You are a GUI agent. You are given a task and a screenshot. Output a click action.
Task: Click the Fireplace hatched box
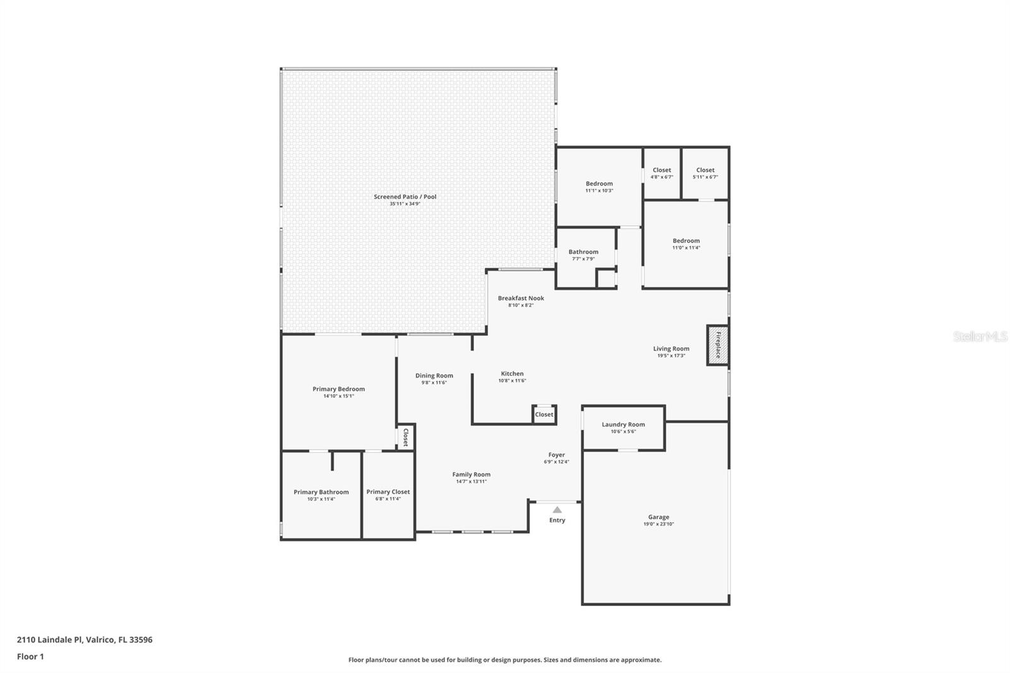[717, 345]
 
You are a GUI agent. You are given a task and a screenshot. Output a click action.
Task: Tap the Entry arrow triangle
[557, 509]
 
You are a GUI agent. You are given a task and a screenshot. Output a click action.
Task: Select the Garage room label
[659, 517]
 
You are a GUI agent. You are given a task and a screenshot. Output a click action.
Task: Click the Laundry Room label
[623, 424]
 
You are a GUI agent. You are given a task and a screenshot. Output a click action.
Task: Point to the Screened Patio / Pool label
[405, 197]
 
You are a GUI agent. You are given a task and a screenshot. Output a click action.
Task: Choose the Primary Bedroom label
[338, 389]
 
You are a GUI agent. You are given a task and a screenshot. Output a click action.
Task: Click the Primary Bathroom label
[321, 492]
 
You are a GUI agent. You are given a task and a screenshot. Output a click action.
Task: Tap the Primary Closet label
[388, 492]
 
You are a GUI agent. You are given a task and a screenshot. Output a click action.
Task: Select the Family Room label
[471, 475]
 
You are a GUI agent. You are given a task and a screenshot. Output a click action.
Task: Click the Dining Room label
[434, 376]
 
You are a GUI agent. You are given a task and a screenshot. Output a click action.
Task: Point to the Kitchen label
[512, 374]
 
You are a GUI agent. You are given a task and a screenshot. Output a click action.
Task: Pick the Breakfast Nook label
[521, 298]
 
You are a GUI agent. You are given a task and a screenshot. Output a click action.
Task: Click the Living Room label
[671, 348]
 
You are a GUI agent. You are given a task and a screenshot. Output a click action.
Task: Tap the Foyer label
[556, 455]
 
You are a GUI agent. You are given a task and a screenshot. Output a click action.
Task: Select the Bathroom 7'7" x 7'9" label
[583, 255]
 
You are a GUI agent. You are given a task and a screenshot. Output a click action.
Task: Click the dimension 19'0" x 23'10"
[659, 524]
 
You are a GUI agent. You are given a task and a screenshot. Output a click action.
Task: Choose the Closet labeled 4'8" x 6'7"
[662, 173]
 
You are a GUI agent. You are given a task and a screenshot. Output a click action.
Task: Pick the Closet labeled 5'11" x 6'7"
[705, 173]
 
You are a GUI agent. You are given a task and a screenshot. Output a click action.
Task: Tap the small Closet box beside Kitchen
[544, 415]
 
